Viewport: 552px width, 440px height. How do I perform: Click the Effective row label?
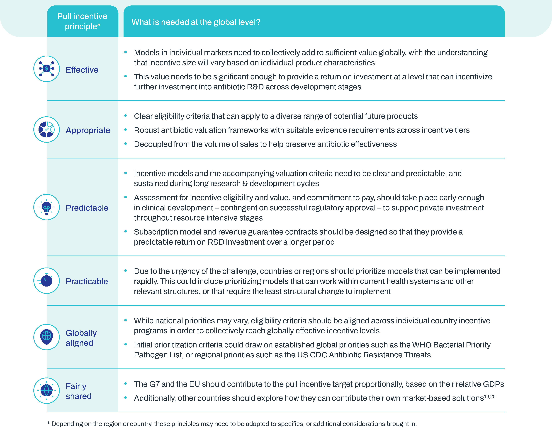point(82,70)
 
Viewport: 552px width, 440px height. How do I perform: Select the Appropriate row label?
point(88,130)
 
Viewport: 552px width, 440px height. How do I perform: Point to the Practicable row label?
point(87,281)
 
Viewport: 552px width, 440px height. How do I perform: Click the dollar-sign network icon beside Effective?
point(47,69)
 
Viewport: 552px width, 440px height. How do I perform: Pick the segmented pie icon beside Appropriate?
point(47,129)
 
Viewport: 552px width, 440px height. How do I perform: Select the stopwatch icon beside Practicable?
point(47,281)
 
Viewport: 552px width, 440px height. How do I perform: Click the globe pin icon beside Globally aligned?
point(47,337)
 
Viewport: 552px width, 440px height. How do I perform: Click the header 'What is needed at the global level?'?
point(196,22)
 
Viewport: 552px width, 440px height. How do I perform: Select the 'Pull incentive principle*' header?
point(82,21)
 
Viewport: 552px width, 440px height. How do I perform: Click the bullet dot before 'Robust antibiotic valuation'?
point(125,130)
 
